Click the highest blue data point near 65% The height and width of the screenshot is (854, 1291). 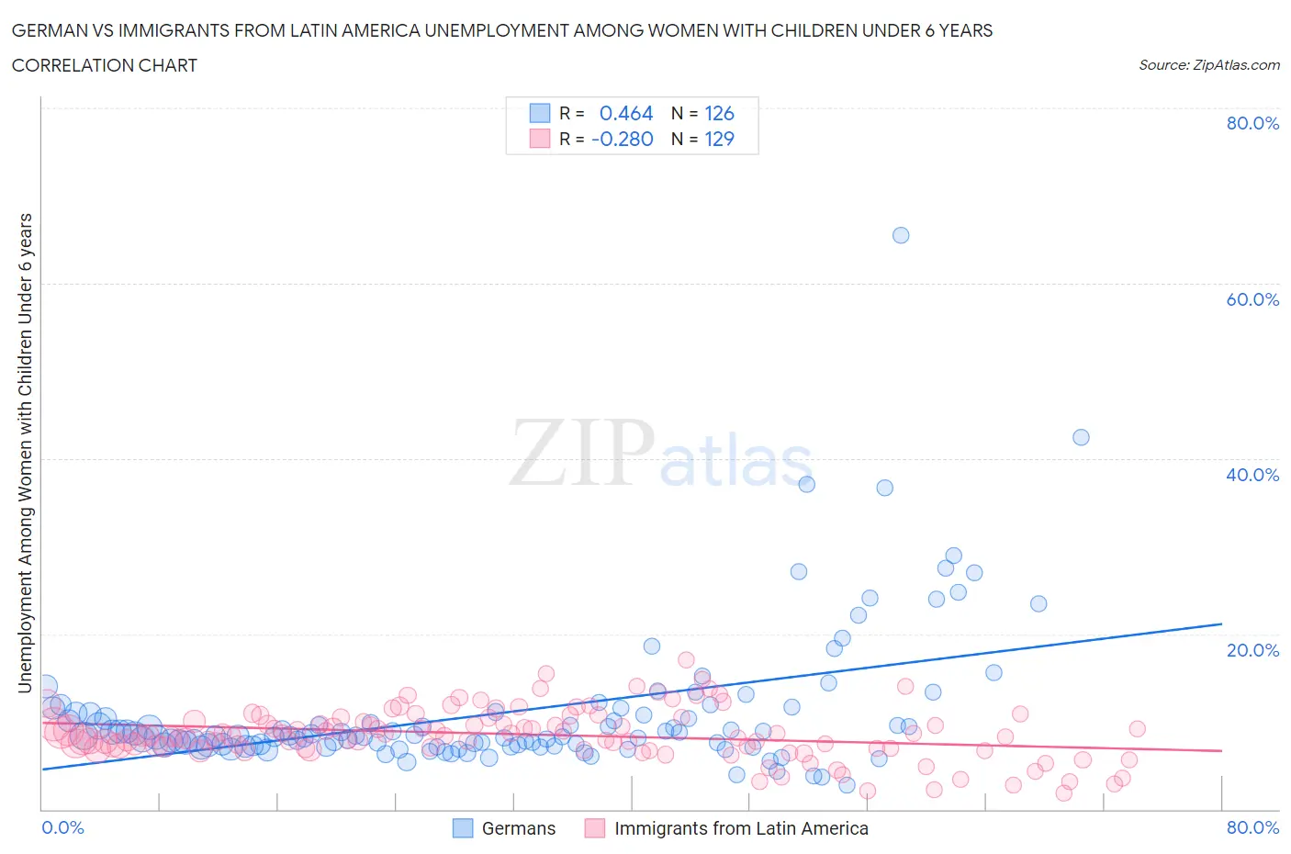(x=901, y=235)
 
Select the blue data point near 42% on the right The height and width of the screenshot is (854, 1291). (x=1081, y=437)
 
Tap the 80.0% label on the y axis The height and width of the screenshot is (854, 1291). (x=1252, y=123)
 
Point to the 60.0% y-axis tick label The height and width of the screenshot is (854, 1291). (x=1252, y=299)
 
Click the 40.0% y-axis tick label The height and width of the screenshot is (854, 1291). (x=1252, y=475)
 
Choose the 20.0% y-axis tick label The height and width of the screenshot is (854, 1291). (x=1252, y=650)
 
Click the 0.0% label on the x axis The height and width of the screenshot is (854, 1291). (x=62, y=827)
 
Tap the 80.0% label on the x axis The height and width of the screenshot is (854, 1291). (x=1252, y=827)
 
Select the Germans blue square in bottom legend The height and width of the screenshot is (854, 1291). (x=463, y=828)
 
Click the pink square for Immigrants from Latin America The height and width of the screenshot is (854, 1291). (x=595, y=828)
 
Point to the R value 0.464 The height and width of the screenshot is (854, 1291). (x=625, y=113)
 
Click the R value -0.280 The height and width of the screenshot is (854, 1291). (x=622, y=139)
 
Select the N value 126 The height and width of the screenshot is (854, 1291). (x=719, y=113)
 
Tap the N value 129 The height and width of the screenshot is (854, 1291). (x=719, y=139)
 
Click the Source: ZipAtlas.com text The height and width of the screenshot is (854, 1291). (x=1208, y=64)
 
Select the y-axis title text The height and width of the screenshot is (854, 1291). (x=25, y=453)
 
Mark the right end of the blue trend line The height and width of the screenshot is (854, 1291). (x=1221, y=624)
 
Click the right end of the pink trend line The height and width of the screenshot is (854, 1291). (x=1221, y=751)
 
